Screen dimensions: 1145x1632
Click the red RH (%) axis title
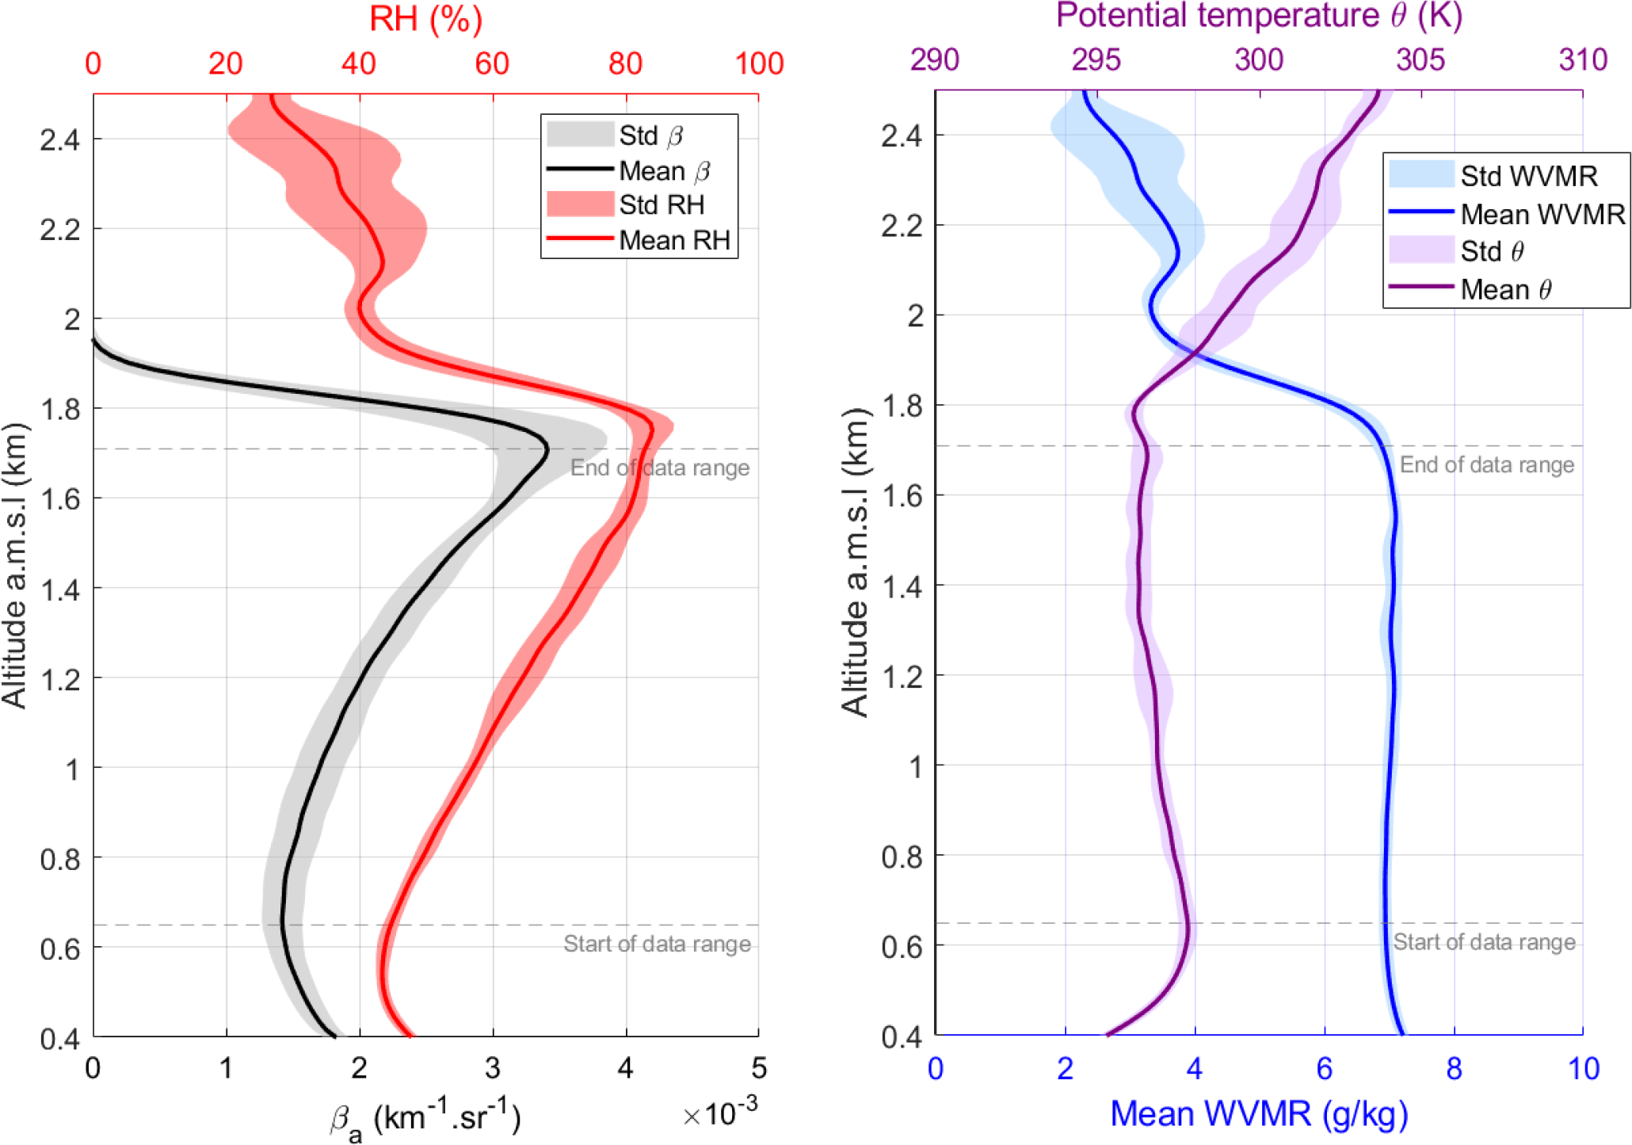[x=425, y=19]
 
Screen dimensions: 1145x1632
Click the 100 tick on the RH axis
[x=759, y=63]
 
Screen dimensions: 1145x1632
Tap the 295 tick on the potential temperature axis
[x=1096, y=59]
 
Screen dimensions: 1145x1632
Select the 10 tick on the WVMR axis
[x=1583, y=1069]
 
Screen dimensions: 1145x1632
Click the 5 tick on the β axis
[x=759, y=1069]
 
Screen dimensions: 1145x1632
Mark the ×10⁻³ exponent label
[x=719, y=1113]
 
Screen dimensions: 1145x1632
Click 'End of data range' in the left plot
[x=659, y=468]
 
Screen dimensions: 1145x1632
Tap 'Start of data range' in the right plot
[x=1484, y=942]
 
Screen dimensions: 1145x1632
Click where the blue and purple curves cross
[x=1194, y=352]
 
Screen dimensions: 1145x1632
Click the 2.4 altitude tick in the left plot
[x=60, y=139]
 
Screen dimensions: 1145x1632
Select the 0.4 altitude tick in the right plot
[x=902, y=1036]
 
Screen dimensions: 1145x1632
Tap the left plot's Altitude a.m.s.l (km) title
[x=15, y=564]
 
